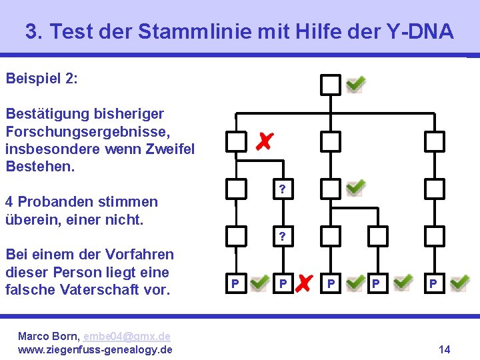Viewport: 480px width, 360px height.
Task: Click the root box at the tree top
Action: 331,85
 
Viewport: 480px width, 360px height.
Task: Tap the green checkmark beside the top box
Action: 355,83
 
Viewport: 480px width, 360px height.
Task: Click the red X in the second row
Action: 264,141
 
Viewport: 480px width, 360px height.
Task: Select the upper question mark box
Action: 283,189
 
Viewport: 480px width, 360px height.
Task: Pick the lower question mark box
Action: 283,236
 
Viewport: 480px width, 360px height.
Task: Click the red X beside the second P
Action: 303,283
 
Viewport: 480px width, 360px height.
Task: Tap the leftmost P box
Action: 235,284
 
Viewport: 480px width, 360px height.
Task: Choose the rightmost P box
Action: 434,284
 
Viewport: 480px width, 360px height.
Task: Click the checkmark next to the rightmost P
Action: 459,283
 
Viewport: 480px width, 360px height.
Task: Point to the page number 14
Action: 445,349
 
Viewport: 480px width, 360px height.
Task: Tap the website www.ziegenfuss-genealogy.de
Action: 95,349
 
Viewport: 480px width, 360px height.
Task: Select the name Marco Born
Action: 44,337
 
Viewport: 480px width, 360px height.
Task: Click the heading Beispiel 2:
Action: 41,79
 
